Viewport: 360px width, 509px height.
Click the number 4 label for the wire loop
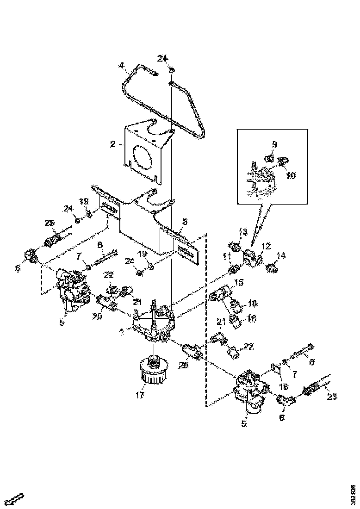click(x=121, y=66)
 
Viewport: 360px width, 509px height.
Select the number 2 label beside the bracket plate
click(x=112, y=144)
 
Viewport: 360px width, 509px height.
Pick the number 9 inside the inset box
click(x=274, y=145)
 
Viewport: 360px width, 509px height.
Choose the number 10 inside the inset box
click(x=291, y=176)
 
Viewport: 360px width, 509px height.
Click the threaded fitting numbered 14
click(x=272, y=267)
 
